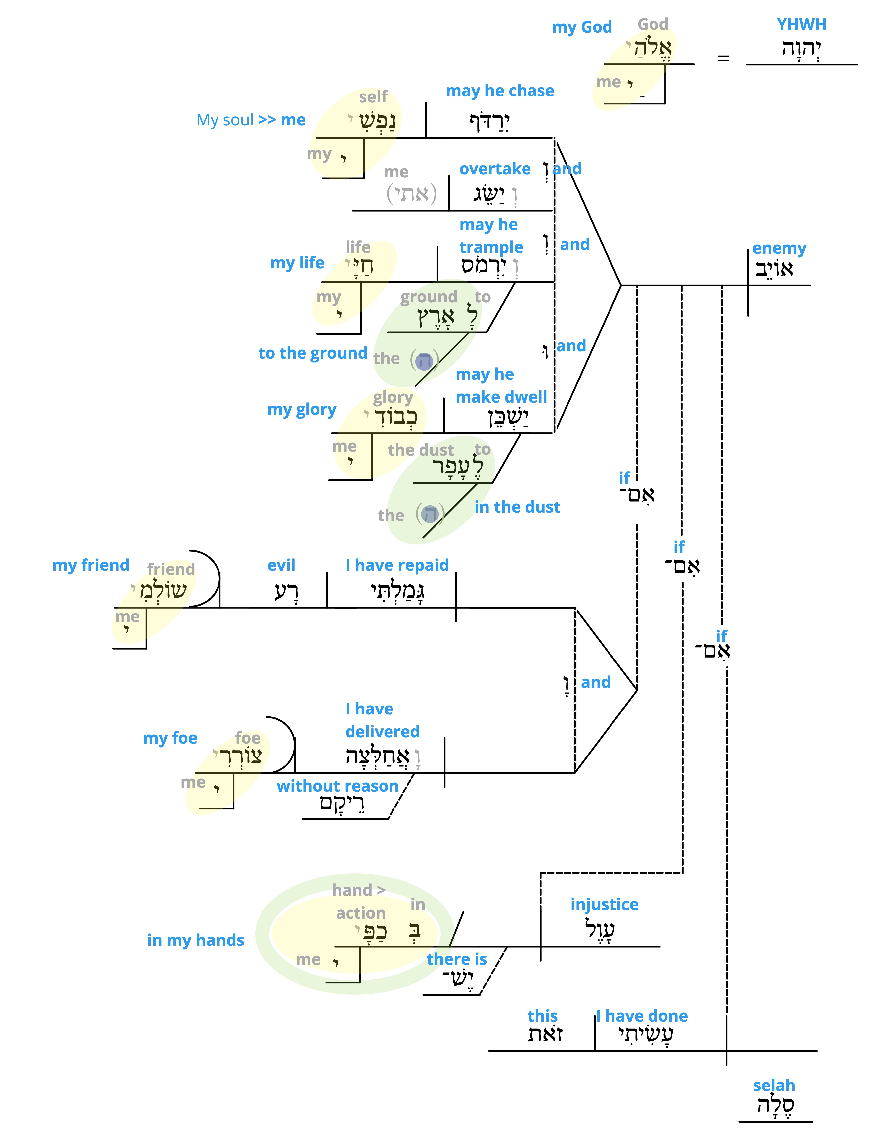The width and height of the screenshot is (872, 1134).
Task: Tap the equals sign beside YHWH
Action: [723, 58]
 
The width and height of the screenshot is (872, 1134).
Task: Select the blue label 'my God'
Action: [582, 27]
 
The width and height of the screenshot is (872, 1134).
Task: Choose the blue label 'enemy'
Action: [779, 249]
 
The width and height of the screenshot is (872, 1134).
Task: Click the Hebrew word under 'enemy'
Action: [774, 268]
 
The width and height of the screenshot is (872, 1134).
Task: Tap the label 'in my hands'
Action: [196, 940]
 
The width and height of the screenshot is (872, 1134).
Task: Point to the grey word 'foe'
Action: [248, 738]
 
